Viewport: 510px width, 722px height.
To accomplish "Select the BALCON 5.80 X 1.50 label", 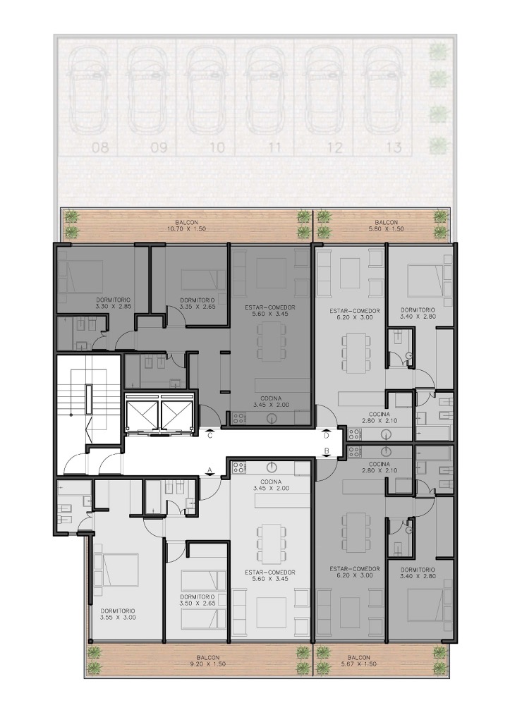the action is [x=383, y=225].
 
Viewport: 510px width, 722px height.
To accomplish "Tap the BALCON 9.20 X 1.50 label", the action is [x=207, y=661].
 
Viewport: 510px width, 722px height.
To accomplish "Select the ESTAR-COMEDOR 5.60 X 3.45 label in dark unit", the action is [x=270, y=310].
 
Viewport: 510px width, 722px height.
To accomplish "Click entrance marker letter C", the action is [x=210, y=436].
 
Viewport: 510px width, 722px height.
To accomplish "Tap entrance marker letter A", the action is [x=210, y=470].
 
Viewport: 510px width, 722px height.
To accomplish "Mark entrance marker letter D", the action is [x=326, y=436].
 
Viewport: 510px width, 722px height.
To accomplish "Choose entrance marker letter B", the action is [x=326, y=451].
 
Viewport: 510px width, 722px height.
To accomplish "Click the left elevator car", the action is [x=142, y=413].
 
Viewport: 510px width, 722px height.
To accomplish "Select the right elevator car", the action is [x=174, y=413].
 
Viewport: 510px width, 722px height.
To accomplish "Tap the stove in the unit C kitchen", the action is [x=238, y=418].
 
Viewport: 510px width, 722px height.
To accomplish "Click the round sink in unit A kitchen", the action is [x=273, y=468].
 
